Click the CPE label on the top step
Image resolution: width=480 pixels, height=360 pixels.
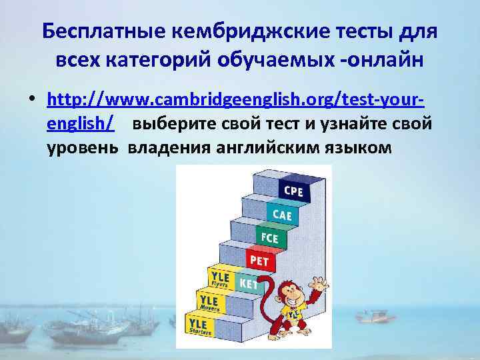pyautogui.click(x=293, y=191)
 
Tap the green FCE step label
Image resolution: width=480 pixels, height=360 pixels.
pyautogui.click(x=270, y=237)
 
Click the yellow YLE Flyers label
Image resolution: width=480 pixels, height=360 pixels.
pyautogui.click(x=219, y=278)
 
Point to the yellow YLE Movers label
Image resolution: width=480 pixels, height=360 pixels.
pyautogui.click(x=209, y=299)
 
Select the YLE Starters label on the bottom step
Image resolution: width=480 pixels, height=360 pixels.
pyautogui.click(x=199, y=324)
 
